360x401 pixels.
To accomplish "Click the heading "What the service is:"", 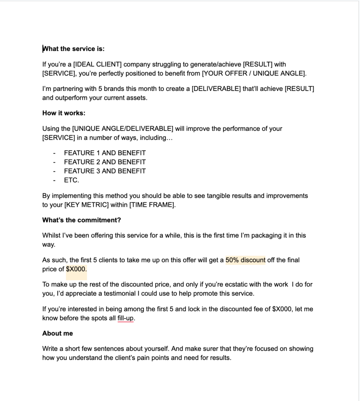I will tap(74, 49).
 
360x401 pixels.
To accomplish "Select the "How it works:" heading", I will tap(64, 113).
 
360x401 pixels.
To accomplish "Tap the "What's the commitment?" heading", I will tap(81, 220).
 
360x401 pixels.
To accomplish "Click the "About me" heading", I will tap(58, 333).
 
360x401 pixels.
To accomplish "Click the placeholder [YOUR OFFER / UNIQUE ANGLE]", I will tap(254, 73).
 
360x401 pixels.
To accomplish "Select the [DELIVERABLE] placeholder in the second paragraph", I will tap(216, 89).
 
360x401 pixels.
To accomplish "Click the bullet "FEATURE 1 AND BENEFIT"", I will tap(105, 153).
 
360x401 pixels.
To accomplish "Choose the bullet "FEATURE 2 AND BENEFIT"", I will tap(105, 162).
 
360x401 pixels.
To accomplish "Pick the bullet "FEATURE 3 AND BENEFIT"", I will tap(105, 171).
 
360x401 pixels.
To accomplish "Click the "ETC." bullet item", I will tap(72, 180).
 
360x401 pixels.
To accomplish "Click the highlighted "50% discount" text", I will tap(245, 260).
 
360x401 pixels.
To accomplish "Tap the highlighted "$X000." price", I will tap(76, 269).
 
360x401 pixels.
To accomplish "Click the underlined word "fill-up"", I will tap(126, 318).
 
